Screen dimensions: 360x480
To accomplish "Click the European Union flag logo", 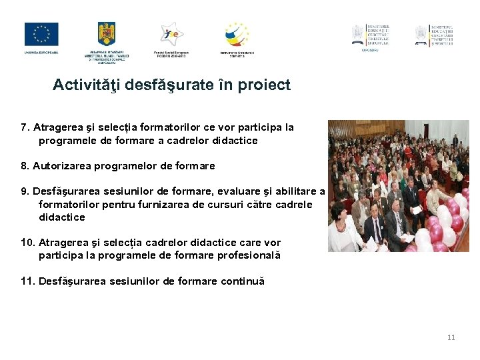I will pyautogui.click(x=41, y=34).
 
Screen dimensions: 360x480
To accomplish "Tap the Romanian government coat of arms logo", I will pyautogui.click(x=107, y=34).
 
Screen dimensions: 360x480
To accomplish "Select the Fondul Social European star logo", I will pyautogui.click(x=171, y=34).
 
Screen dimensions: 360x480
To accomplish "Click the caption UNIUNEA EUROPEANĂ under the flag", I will pyautogui.click(x=41, y=52).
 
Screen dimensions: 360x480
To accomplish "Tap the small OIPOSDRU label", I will pyautogui.click(x=370, y=49).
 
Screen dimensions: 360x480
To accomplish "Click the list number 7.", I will pyautogui.click(x=25, y=127).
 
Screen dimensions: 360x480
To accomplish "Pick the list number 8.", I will pyautogui.click(x=25, y=165).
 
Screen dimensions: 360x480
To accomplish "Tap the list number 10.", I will pyautogui.click(x=27, y=243).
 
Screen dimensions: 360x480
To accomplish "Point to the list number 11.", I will pyautogui.click(x=27, y=281).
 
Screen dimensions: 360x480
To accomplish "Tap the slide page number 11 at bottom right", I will pyautogui.click(x=451, y=337).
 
